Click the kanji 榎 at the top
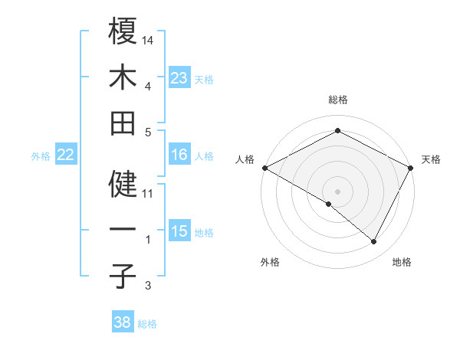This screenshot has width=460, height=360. click(x=123, y=31)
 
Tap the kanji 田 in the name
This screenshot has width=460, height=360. click(x=123, y=123)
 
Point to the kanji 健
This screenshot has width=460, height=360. click(x=123, y=184)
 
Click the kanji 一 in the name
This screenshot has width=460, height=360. click(x=123, y=230)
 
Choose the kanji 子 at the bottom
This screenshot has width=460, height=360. click(x=123, y=276)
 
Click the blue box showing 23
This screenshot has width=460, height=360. click(x=179, y=78)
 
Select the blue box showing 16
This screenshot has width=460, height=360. click(x=179, y=155)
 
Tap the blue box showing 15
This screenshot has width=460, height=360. click(x=179, y=232)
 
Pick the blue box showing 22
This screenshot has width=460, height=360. click(x=66, y=155)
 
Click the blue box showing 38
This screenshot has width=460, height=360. click(x=123, y=322)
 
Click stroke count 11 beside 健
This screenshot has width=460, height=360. click(x=149, y=193)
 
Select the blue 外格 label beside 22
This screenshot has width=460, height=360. click(x=41, y=156)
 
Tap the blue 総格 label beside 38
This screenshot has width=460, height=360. click(x=147, y=324)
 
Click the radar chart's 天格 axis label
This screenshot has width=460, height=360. click(x=431, y=159)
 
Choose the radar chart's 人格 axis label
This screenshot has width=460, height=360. click(x=245, y=159)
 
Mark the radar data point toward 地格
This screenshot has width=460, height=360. click(x=374, y=242)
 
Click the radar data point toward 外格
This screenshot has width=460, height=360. click(x=328, y=204)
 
